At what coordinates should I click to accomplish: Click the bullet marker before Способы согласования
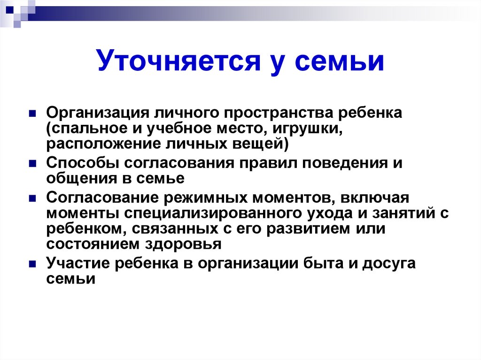tap(32, 164)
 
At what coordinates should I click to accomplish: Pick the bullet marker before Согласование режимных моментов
tap(32, 198)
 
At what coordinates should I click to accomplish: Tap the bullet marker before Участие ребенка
tap(32, 264)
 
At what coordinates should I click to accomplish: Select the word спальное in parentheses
tap(90, 129)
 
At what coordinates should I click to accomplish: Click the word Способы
tap(82, 164)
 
